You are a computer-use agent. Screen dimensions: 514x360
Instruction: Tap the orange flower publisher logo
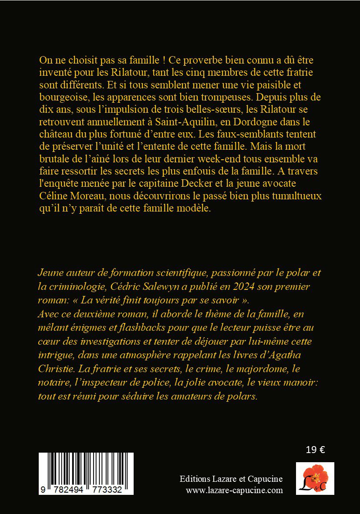tap(315, 478)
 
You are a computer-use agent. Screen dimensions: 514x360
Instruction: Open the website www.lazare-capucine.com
tap(234, 490)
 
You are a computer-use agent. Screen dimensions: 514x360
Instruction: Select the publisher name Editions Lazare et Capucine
tap(231, 479)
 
